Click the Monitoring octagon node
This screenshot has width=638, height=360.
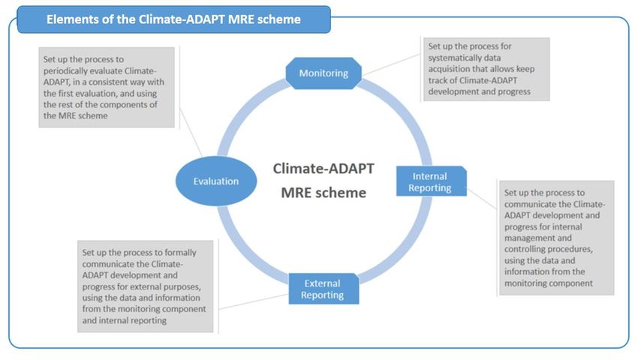pos(324,73)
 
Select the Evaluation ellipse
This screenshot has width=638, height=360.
pos(216,181)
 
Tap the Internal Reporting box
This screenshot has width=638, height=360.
pos(432,181)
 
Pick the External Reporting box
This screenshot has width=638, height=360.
pos(324,289)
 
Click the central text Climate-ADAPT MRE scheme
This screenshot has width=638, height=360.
pos(324,180)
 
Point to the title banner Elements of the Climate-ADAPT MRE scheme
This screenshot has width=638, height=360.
pos(173,19)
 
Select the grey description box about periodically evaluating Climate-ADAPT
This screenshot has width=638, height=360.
pos(107,88)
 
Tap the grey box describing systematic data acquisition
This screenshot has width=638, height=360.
pos(486,69)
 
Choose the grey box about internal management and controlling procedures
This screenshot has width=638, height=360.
pos(556,238)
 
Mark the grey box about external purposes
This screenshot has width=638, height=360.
pos(146,286)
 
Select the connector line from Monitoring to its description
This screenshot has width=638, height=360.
pos(390,64)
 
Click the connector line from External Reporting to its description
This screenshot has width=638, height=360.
pos(254,301)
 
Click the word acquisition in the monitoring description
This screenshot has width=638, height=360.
pos(446,69)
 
